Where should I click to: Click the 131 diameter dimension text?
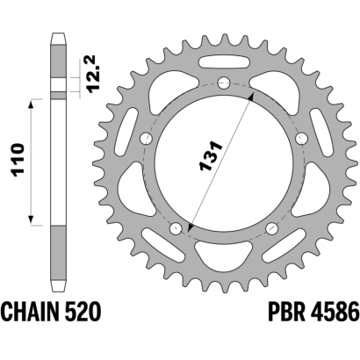(211, 156)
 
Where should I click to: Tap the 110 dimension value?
(18, 160)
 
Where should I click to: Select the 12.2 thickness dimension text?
(93, 75)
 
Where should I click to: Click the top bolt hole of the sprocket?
(224, 83)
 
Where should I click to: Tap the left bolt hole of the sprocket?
(147, 139)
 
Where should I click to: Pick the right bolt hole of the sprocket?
(301, 139)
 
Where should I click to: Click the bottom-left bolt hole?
(176, 228)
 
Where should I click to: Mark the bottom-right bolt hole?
(272, 228)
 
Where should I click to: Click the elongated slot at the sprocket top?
(224, 61)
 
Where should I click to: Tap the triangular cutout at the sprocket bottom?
(224, 253)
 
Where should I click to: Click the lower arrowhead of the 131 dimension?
(191, 227)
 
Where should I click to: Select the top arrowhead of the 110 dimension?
(32, 104)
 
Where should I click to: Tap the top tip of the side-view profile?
(58, 33)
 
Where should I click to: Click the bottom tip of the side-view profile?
(58, 291)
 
